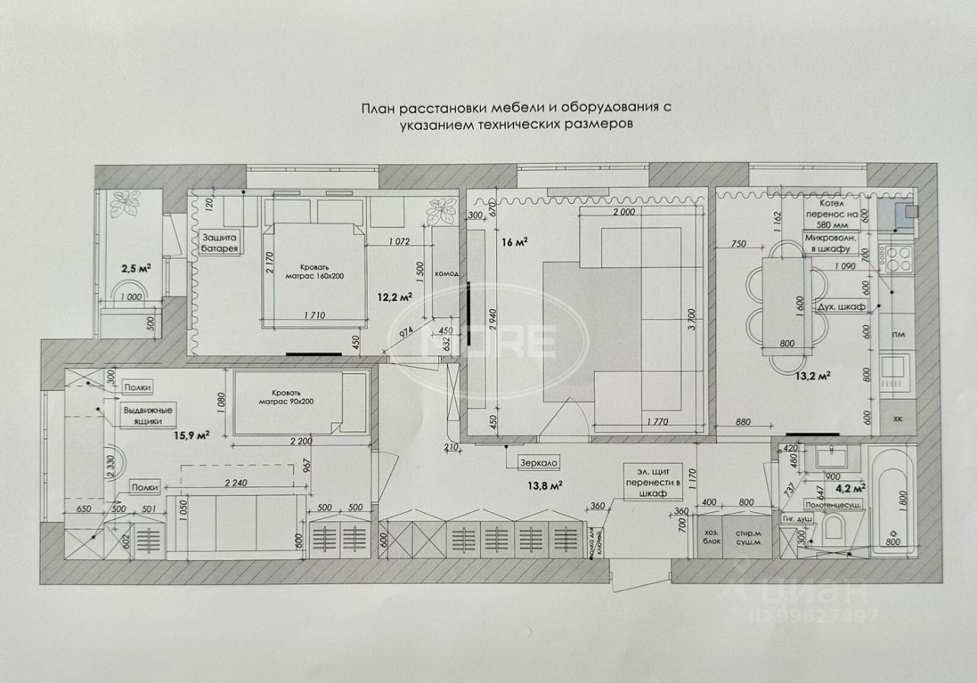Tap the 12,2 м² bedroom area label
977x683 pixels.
pos(396,295)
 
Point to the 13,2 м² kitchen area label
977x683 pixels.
pos(812,375)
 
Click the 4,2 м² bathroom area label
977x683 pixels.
pos(850,486)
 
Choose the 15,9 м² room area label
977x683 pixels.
pos(192,435)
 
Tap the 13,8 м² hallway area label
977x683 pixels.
pos(541,484)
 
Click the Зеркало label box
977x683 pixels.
pos(540,462)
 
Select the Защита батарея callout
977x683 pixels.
pos(220,242)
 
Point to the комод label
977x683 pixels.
pos(447,273)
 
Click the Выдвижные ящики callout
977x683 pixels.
pos(148,414)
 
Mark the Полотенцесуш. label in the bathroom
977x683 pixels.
pos(833,505)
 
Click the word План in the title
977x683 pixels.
pos(378,108)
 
